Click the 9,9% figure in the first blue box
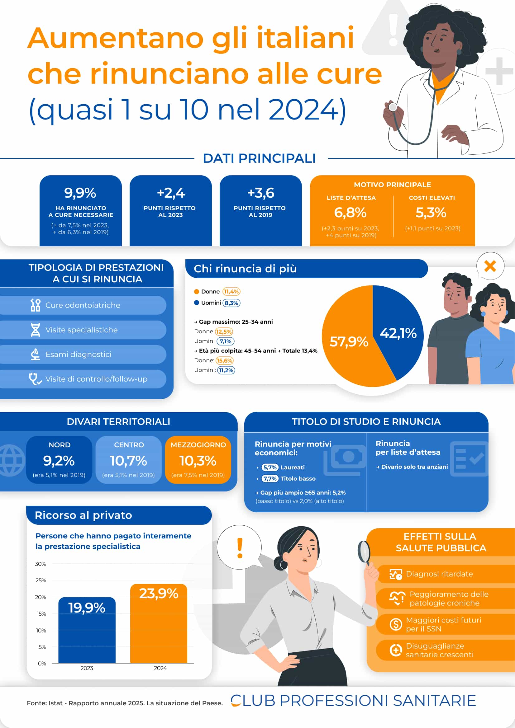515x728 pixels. coord(80,193)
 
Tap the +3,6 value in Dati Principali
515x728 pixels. coord(260,193)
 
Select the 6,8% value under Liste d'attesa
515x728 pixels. coord(350,213)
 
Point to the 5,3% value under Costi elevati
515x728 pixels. coord(431,213)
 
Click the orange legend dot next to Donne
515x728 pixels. coord(196,292)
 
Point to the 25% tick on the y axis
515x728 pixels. coord(41,580)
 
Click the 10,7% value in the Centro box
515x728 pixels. coord(128,461)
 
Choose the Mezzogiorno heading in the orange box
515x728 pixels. coord(198,445)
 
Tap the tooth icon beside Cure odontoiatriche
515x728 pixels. coord(35,305)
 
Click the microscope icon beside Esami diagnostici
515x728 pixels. coord(35,354)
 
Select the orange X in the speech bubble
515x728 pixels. coord(490,266)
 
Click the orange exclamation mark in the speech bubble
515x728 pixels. coord(240,548)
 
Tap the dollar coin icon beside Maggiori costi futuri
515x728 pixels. coord(396,624)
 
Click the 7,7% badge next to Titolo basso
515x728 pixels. coord(270,478)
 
